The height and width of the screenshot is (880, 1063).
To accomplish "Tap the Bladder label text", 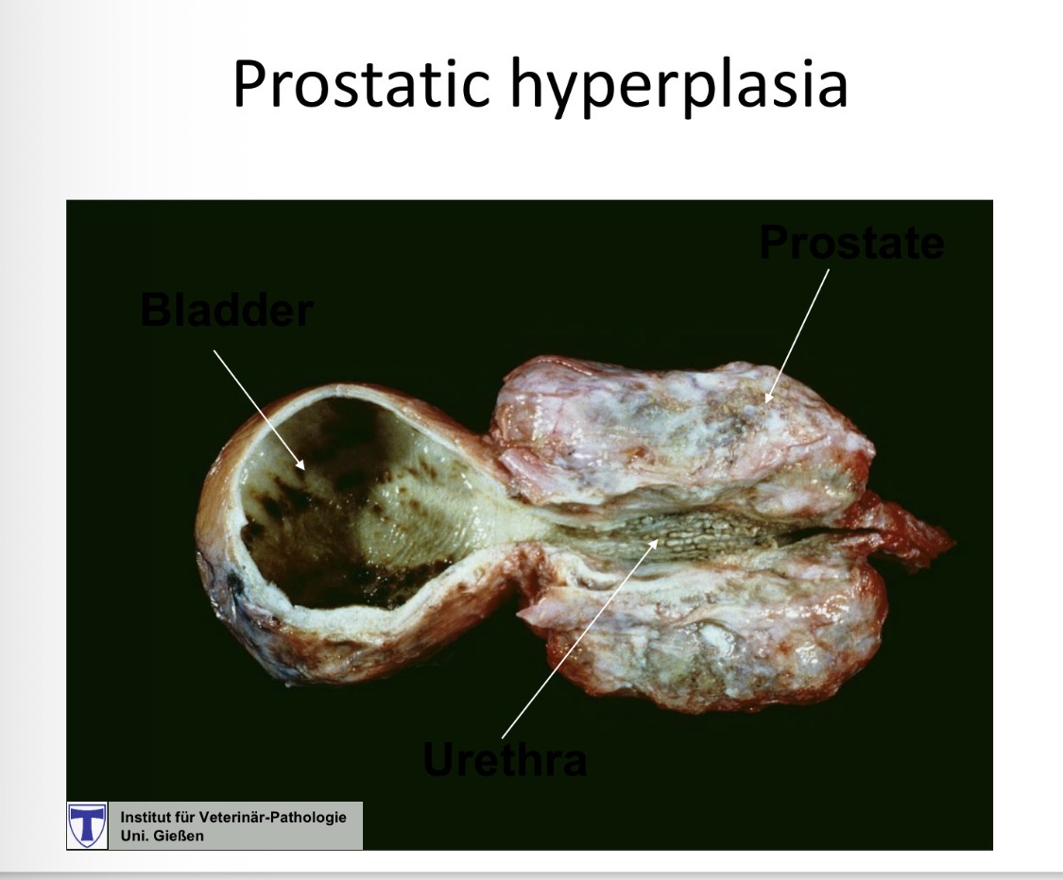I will pos(226,310).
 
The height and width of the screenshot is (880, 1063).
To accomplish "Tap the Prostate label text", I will pos(851,244).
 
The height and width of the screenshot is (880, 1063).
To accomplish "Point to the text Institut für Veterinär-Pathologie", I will pos(232,818).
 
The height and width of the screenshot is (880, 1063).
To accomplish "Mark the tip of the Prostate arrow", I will pos(766,401).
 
